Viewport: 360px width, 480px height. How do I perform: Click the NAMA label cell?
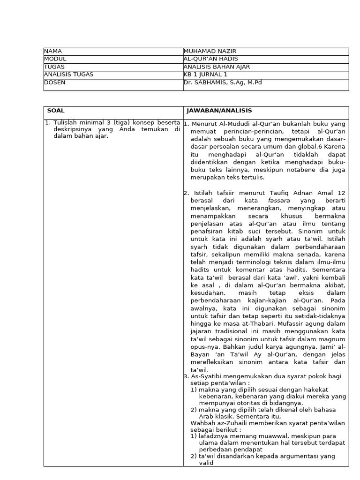click(53, 51)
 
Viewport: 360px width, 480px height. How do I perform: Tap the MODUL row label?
click(55, 59)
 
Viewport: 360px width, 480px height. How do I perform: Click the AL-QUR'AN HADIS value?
click(211, 59)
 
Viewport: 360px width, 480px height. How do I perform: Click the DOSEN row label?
click(55, 82)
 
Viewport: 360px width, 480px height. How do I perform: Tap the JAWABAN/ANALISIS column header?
click(219, 111)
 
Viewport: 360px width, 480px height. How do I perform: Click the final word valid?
click(206, 463)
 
